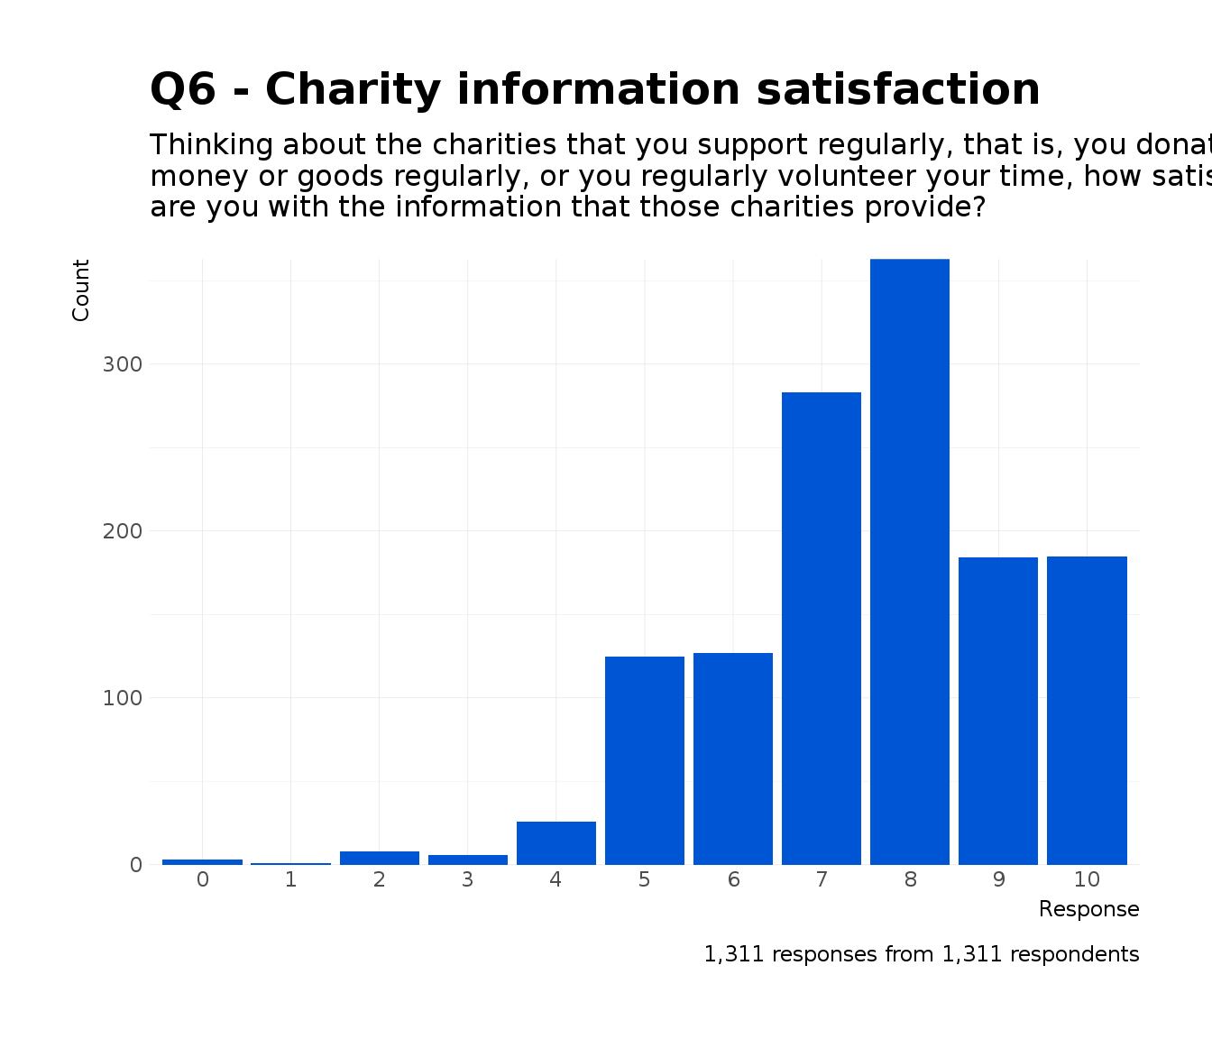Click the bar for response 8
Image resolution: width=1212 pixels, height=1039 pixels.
tap(909, 562)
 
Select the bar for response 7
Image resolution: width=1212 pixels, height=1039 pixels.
tap(821, 629)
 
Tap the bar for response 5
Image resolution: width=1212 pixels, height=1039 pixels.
tap(644, 760)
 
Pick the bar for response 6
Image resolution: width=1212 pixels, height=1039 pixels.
tap(732, 759)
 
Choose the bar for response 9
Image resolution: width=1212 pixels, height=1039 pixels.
tap(997, 711)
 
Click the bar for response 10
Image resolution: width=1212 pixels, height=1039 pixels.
tap(1087, 711)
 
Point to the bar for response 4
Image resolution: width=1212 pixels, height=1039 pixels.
tap(555, 842)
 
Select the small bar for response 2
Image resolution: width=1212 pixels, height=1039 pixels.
tap(379, 858)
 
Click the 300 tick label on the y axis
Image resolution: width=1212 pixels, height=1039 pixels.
tap(123, 364)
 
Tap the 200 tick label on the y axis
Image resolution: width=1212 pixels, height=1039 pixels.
tap(123, 531)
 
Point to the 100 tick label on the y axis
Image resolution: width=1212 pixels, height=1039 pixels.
tap(123, 698)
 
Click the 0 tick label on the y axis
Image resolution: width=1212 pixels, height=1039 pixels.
tap(136, 865)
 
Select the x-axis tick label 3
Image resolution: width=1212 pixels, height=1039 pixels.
tap(467, 880)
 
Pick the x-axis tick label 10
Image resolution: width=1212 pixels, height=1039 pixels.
tap(1087, 880)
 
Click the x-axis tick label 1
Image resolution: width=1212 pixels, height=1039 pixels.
tap(290, 880)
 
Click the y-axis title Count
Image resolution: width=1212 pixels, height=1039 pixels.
tap(81, 290)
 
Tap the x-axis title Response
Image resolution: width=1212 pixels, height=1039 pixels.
tap(1088, 909)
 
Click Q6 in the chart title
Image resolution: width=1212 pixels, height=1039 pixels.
tap(187, 90)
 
